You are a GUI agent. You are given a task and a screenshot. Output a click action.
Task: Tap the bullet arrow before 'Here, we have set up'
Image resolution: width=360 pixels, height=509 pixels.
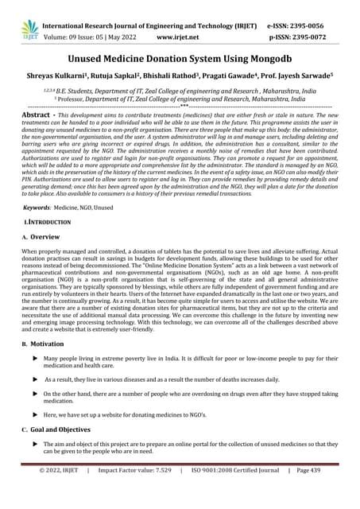34,437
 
